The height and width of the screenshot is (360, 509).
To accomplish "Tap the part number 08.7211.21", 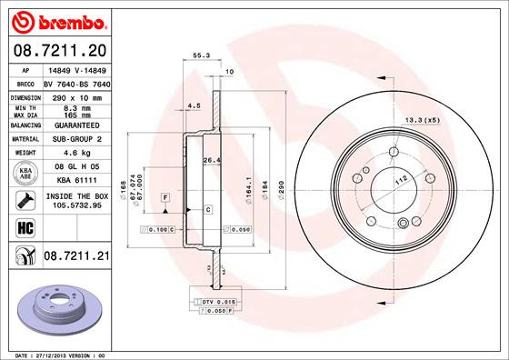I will pos(77,257).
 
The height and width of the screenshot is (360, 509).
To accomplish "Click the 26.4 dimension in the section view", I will pos(210,161).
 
